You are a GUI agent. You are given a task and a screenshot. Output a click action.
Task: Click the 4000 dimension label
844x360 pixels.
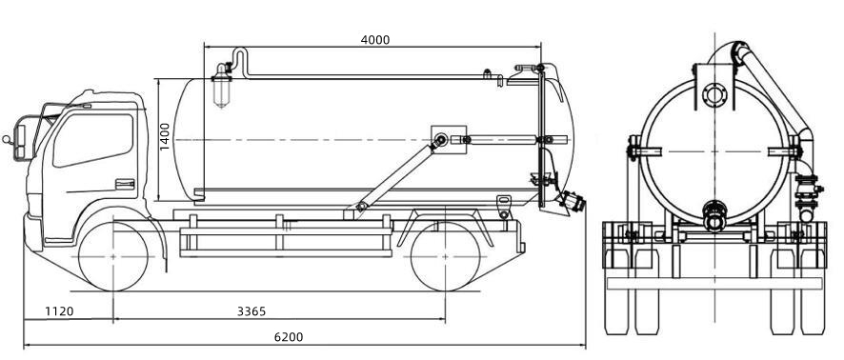tap(374, 40)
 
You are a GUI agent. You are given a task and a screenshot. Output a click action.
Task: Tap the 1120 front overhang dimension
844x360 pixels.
tap(59, 311)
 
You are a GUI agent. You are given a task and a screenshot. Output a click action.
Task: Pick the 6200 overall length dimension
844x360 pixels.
tap(288, 336)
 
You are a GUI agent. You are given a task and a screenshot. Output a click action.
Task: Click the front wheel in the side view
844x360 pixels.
tap(113, 255)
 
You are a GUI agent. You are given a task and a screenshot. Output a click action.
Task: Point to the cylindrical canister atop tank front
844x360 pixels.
tap(224, 88)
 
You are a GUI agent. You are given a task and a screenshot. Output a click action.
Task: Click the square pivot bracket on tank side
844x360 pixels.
tap(445, 140)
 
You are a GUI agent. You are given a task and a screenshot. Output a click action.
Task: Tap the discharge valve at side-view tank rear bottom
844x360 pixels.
tap(571, 202)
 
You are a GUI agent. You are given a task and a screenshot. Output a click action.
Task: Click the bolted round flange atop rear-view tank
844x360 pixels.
tap(713, 95)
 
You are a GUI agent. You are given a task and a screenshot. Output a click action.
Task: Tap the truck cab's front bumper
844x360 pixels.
tap(34, 232)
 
